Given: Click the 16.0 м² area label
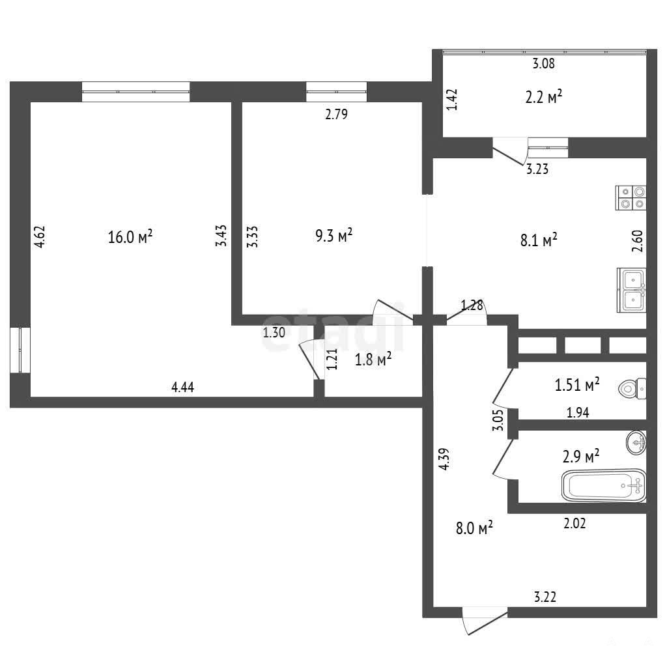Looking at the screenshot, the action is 130,236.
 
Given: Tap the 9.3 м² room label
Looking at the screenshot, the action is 334,234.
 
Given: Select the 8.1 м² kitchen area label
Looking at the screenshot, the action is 539,240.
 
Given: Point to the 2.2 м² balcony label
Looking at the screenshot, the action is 544,97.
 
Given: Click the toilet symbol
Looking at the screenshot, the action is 632,388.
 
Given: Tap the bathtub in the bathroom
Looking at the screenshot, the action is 604,485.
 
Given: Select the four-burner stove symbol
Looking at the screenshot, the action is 631,198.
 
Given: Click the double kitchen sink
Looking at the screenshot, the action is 632,290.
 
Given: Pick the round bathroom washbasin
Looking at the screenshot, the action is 636,442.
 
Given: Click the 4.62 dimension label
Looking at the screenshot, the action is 40,236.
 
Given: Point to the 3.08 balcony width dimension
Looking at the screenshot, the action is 544,64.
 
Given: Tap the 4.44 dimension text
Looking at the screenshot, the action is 182,387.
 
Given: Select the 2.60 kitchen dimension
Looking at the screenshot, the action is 637,241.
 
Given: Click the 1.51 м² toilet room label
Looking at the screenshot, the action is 577,384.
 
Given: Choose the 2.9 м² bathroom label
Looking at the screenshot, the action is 581,457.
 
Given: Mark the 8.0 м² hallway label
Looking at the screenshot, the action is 474,528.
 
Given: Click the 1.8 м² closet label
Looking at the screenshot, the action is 373,360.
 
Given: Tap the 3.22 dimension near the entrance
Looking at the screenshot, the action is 545,597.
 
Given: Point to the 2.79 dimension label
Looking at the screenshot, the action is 337,114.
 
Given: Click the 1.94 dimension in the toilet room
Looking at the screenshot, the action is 578,412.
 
